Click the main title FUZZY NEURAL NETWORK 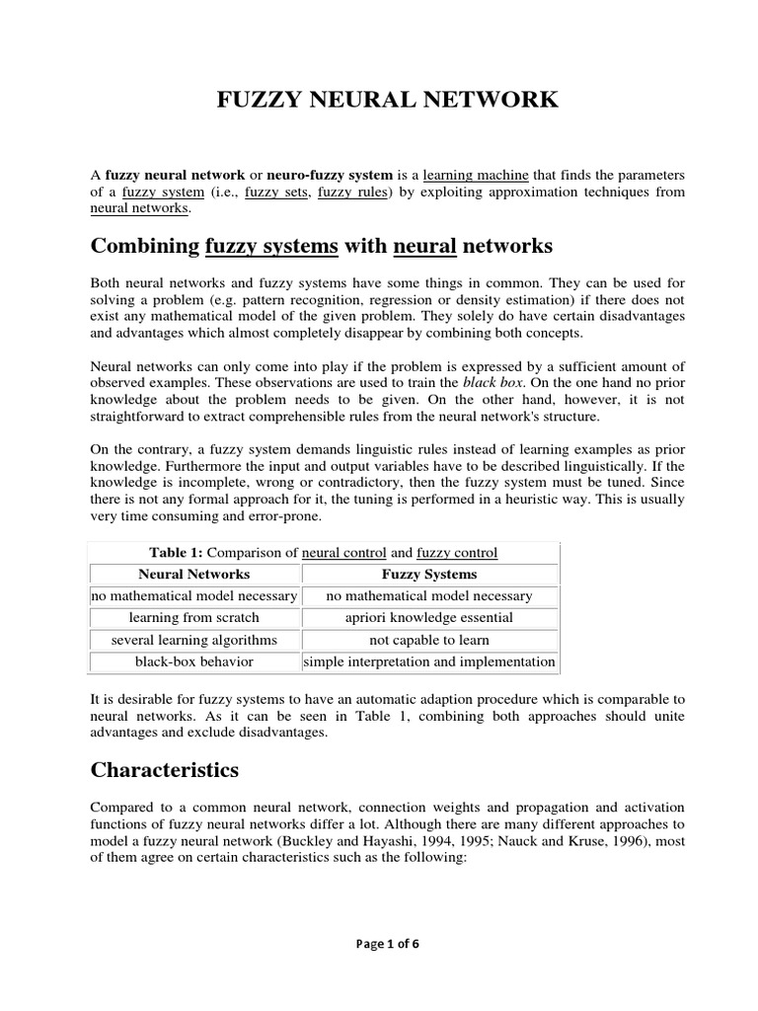[387, 100]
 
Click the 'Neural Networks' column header [193, 575]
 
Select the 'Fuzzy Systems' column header [429, 575]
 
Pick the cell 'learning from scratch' [193, 618]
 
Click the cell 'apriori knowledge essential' [429, 618]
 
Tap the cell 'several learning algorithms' [193, 640]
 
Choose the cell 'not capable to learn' [429, 640]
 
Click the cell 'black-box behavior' [193, 661]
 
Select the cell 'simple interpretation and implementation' [429, 661]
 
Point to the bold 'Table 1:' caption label [174, 553]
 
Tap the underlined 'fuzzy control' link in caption [457, 553]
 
